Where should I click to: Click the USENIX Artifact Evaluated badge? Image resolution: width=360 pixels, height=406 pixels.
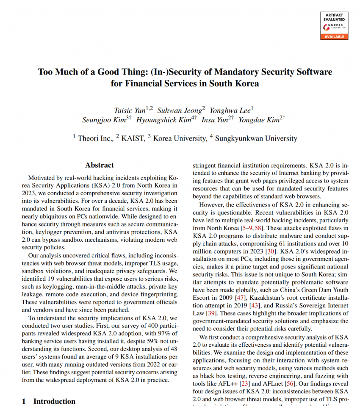(334, 25)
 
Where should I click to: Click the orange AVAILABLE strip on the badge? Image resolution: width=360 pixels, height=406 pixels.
(334, 37)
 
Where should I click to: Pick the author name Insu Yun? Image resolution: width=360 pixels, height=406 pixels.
(215, 120)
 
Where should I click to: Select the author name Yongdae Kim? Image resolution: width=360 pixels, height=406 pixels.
(258, 120)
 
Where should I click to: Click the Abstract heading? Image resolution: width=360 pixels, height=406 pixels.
(100, 165)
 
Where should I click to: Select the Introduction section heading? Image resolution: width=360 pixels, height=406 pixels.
(54, 401)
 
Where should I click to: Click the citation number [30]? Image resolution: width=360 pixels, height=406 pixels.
(258, 251)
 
